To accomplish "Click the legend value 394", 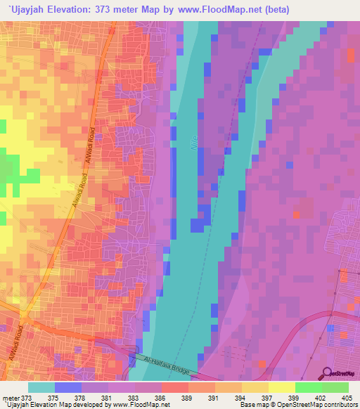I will click(x=242, y=398).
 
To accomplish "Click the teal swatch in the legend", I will click(x=41, y=387).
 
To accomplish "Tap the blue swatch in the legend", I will click(x=68, y=387).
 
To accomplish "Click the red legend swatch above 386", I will click(x=175, y=387).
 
